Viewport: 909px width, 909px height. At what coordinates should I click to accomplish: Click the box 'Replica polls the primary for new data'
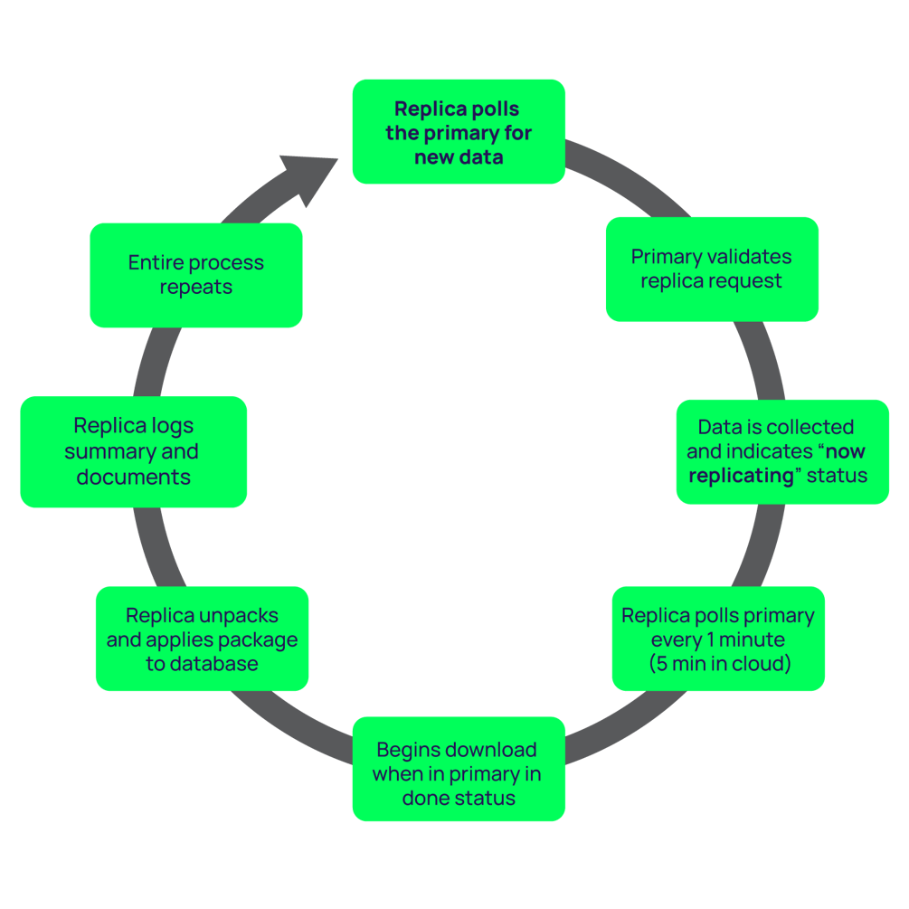[459, 132]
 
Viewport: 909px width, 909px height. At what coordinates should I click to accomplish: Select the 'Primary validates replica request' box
[711, 269]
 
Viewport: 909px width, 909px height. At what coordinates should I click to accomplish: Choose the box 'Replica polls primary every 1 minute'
[718, 639]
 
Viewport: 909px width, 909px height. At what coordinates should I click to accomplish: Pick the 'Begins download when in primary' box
[459, 770]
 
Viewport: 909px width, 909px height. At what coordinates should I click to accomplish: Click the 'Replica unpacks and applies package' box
[202, 639]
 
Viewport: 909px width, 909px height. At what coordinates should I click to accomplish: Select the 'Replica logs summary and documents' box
[133, 451]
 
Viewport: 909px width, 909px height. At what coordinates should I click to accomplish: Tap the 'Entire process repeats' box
[196, 275]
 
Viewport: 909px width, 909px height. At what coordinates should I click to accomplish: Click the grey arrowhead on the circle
[307, 177]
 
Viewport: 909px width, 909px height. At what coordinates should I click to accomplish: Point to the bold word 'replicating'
[741, 476]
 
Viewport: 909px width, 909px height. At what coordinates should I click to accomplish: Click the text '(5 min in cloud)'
[719, 664]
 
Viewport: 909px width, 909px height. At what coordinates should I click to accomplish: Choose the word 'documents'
[133, 477]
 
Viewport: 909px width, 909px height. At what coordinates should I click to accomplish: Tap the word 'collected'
[810, 427]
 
